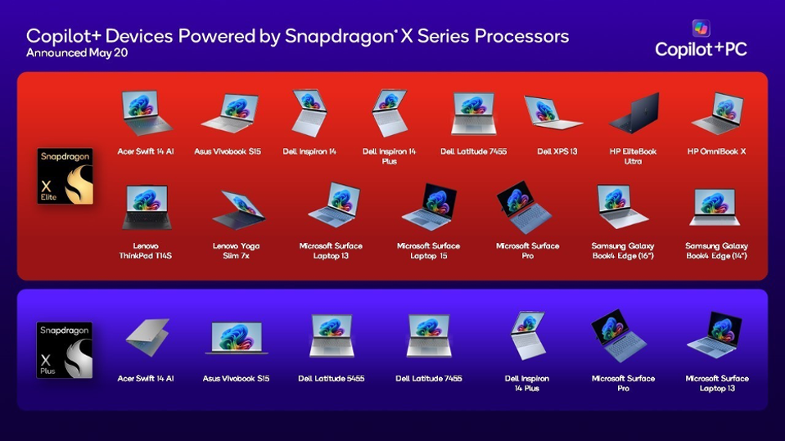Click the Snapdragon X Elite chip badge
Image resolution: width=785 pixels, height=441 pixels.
point(65,176)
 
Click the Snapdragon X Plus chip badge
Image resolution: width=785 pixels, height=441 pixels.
point(65,350)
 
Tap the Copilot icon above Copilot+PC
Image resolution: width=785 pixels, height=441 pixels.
point(701,28)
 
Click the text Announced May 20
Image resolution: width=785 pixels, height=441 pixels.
point(77,52)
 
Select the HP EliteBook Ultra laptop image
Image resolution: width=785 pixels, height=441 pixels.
point(634,113)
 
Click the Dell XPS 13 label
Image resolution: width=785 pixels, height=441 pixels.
point(557,151)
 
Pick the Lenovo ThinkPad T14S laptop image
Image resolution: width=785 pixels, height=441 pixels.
point(147,207)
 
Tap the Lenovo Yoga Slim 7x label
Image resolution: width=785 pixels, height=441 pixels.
point(236,251)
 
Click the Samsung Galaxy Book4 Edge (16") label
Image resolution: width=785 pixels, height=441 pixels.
point(623,251)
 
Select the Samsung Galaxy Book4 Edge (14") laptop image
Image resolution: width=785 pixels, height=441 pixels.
point(715,207)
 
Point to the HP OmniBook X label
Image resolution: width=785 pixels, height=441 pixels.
point(716,151)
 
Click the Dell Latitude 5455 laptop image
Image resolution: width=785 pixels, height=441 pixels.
point(332,335)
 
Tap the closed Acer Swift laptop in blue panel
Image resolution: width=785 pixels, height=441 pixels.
point(147,337)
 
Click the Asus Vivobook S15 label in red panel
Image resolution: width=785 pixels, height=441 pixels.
point(228,151)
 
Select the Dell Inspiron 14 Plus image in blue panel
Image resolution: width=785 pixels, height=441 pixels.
point(526,335)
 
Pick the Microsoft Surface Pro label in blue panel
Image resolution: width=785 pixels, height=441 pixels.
point(623,383)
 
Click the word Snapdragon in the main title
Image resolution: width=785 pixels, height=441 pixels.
point(340,37)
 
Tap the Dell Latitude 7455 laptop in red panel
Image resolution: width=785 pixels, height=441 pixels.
point(474,114)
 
